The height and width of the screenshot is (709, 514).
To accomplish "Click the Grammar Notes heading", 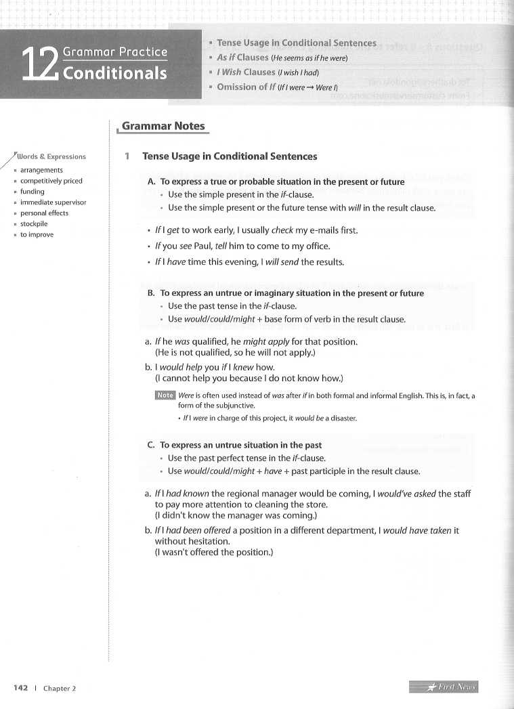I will click(x=163, y=126).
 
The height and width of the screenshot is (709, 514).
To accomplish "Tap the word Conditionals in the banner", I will click(x=115, y=72).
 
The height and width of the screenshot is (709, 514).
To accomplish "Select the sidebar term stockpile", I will click(x=35, y=223).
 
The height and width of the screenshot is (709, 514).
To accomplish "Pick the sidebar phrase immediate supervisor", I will click(x=53, y=202).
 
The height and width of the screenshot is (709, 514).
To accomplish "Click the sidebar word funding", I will click(x=32, y=192).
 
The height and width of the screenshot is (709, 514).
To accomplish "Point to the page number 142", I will click(x=20, y=688).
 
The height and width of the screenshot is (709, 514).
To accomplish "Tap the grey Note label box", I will click(x=165, y=395).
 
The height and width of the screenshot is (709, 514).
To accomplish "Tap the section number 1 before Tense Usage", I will click(x=127, y=156).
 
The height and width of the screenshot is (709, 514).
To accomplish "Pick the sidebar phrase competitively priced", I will click(x=51, y=181).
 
